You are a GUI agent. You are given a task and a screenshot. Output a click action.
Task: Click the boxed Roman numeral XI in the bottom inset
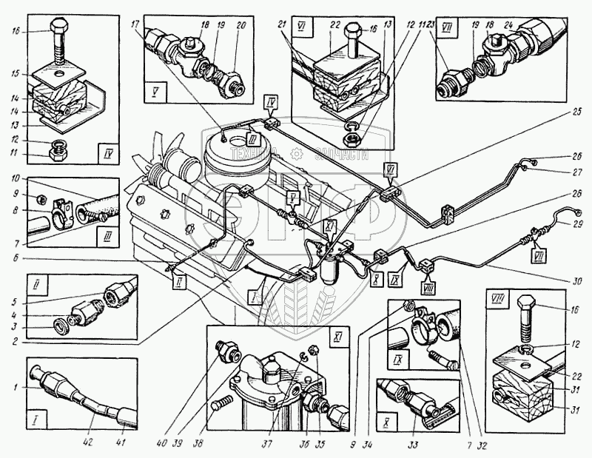point(337,337)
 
